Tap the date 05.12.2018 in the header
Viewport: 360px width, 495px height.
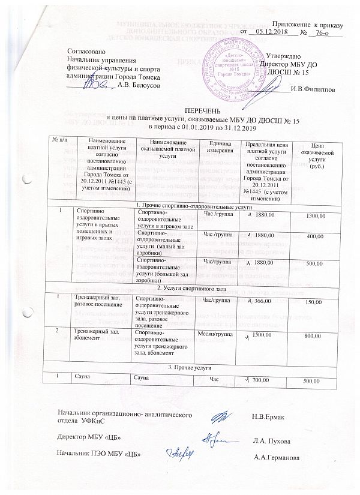click(269, 32)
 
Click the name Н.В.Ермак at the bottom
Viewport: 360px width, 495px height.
click(268, 416)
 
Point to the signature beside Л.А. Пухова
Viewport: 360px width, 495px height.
click(215, 439)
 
